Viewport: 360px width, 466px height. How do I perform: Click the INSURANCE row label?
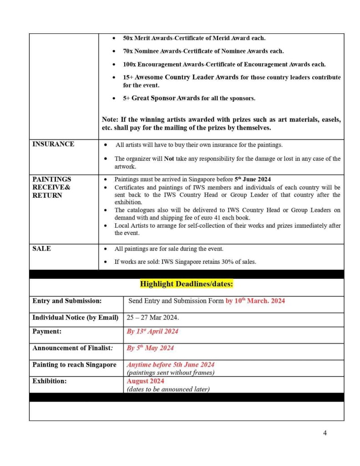(x=53, y=144)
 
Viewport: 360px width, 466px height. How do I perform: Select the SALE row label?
(x=42, y=249)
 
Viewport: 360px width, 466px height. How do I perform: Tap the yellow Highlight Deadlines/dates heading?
(x=186, y=284)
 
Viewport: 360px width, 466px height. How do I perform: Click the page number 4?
(x=325, y=433)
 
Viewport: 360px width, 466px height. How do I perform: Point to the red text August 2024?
(x=145, y=381)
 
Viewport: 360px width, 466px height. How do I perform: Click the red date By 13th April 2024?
(x=152, y=332)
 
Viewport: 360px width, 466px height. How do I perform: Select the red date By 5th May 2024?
(x=150, y=348)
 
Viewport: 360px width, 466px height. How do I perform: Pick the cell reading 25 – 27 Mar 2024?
(x=152, y=317)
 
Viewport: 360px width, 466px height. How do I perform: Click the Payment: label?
(x=47, y=332)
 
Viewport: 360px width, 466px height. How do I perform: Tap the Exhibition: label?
(x=49, y=381)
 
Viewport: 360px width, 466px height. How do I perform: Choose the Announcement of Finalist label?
(x=71, y=348)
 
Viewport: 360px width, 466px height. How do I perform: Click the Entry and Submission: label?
(x=67, y=301)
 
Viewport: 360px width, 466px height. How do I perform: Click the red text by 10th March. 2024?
(x=255, y=301)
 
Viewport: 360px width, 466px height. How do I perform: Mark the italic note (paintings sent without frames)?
(x=170, y=373)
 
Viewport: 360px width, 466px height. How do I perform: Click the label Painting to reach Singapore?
(x=74, y=365)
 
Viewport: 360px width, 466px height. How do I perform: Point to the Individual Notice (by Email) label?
(x=75, y=317)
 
